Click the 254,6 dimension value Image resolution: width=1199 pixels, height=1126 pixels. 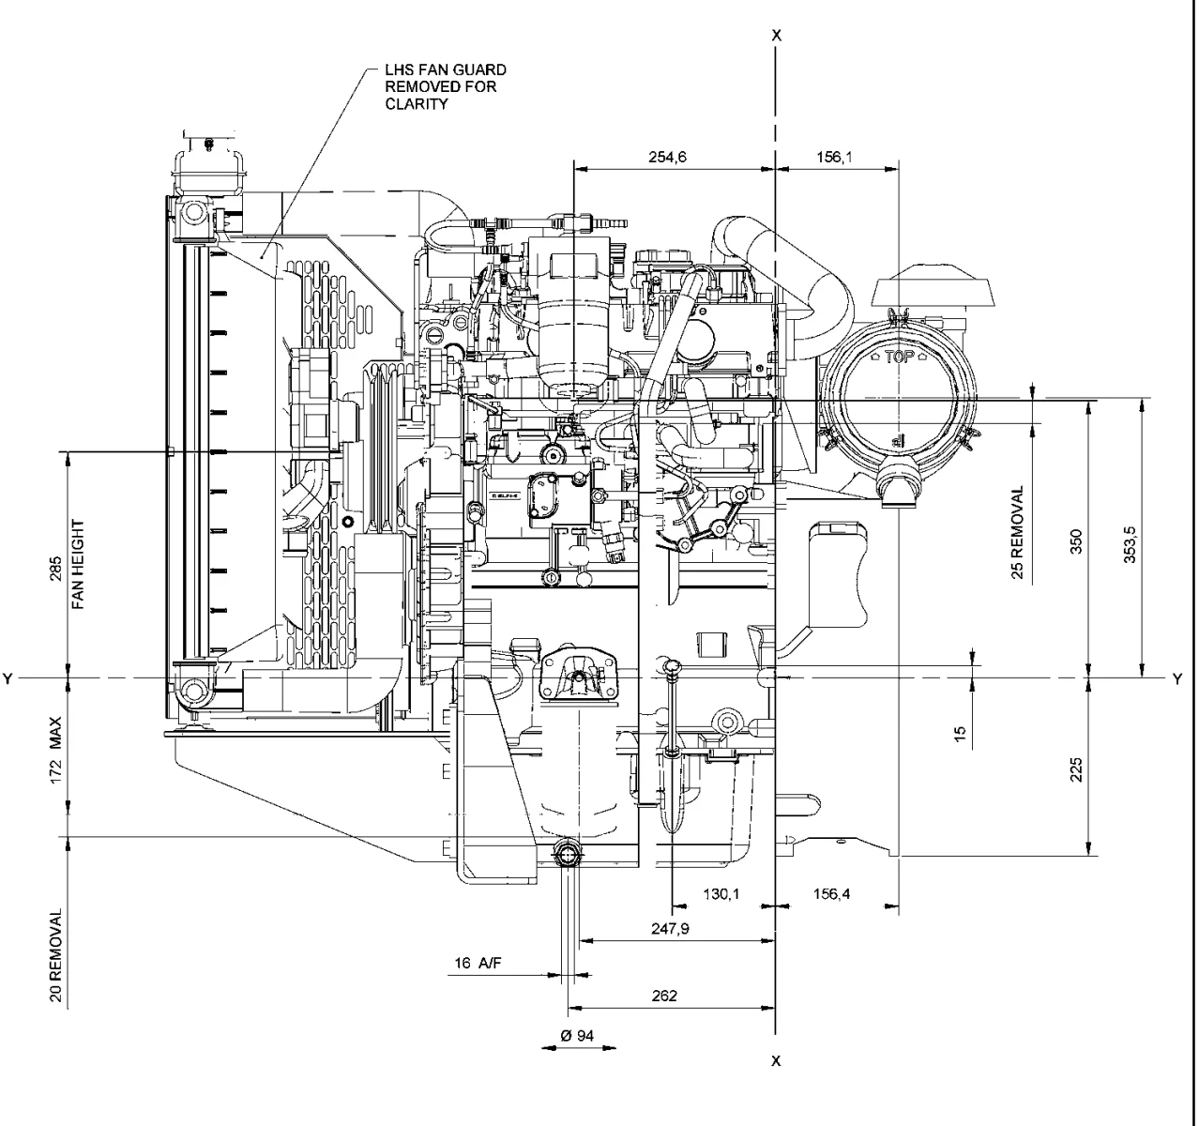point(667,158)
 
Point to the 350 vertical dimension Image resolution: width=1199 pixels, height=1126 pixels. point(1077,542)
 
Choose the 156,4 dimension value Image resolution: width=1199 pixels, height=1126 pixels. point(831,894)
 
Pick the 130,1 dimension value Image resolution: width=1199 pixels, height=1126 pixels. point(721,894)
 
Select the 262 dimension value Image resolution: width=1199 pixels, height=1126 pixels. point(664,997)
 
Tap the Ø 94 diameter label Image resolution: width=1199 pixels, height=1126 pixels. point(578,1035)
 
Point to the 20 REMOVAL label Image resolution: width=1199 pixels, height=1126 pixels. point(57,955)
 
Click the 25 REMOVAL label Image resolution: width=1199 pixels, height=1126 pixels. point(1018,532)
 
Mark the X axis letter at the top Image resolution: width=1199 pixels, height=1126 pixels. point(775,36)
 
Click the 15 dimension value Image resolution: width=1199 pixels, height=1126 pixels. point(960,733)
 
